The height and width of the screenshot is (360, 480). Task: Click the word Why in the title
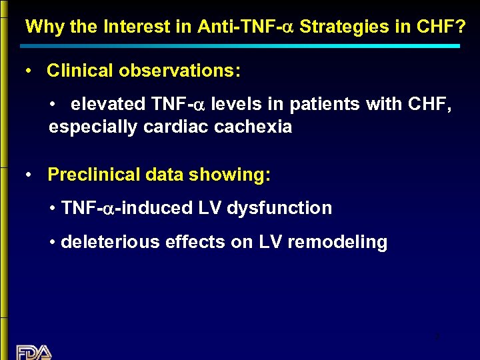[41, 27]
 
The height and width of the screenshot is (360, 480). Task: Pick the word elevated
[107, 104]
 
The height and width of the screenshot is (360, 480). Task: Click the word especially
[93, 127]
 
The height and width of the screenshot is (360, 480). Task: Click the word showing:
[230, 175]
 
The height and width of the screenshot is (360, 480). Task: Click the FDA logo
[34, 352]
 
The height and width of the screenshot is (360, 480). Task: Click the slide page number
[436, 337]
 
